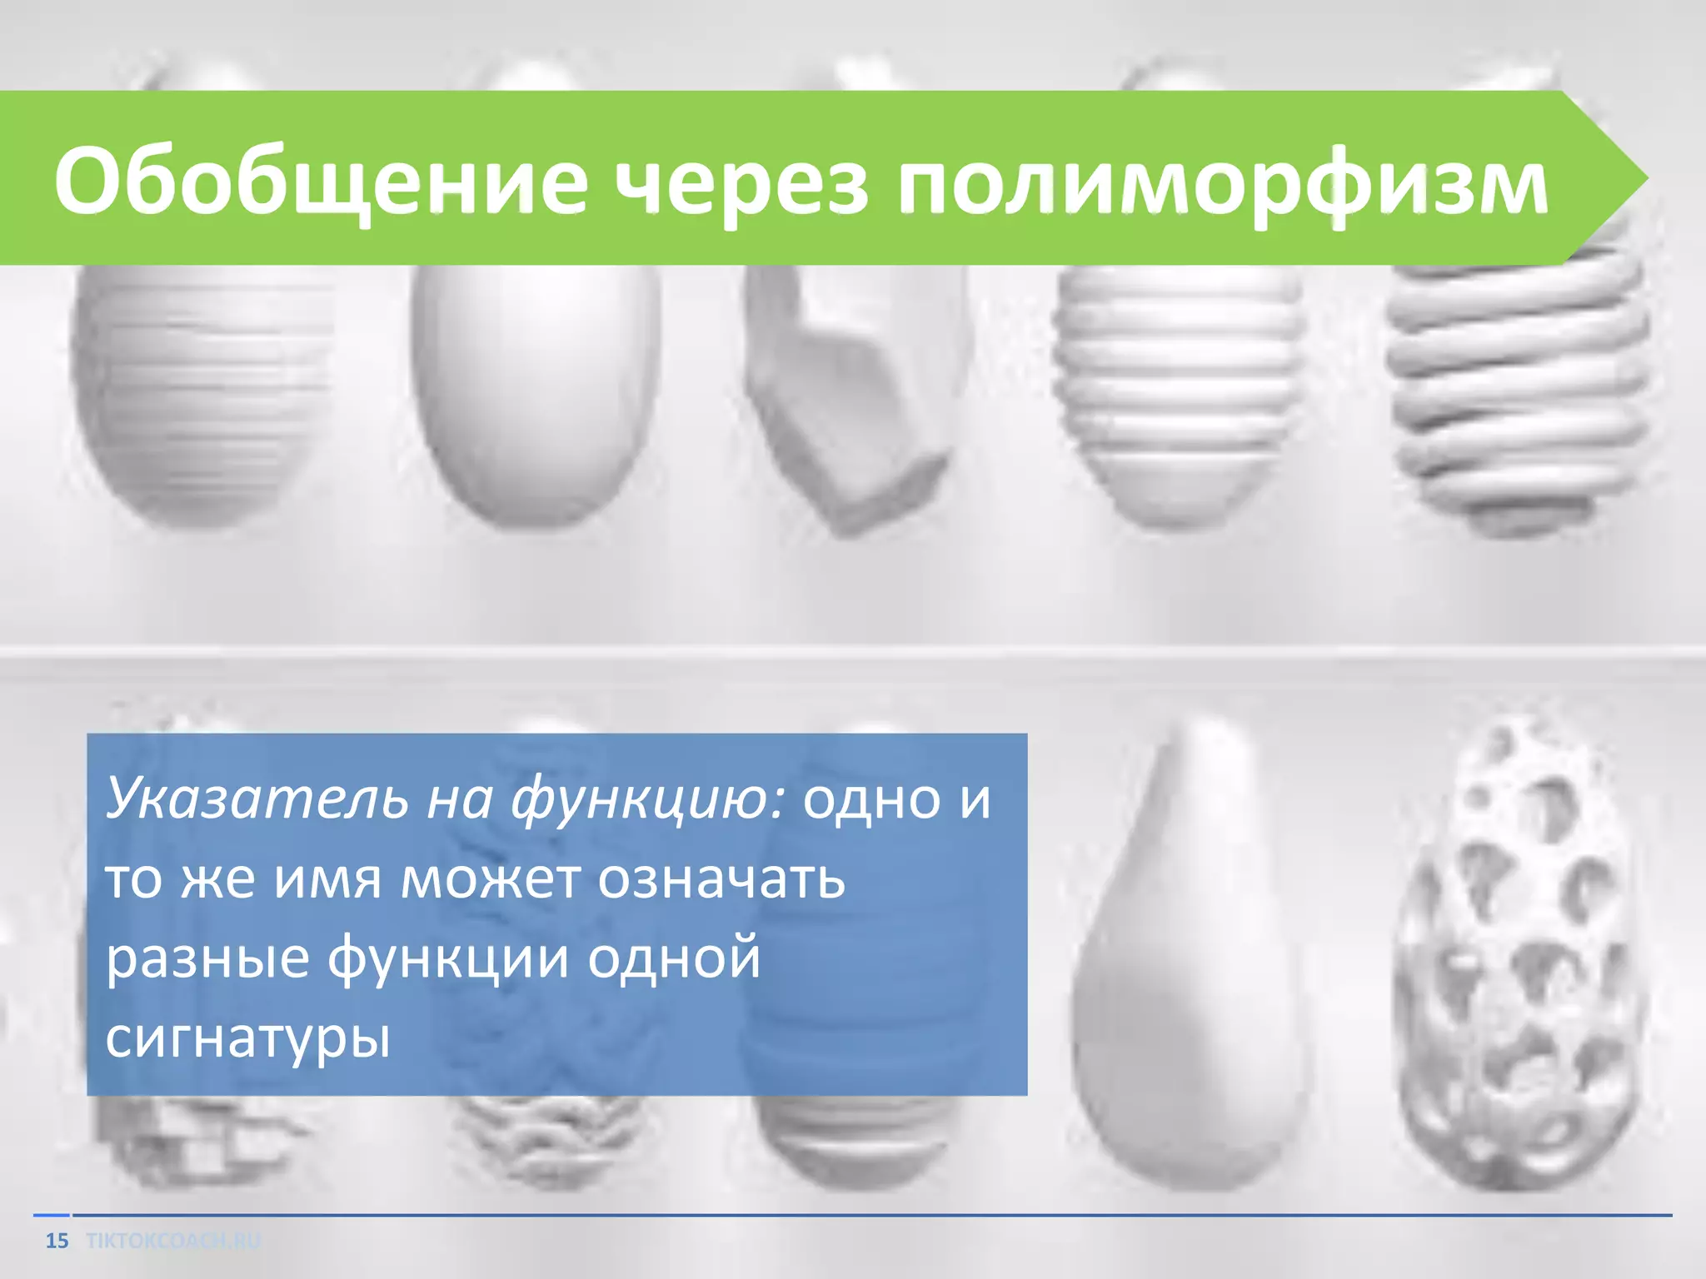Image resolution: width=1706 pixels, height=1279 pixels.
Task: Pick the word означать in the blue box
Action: point(721,879)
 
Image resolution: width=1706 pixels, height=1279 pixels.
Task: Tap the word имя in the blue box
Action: point(328,879)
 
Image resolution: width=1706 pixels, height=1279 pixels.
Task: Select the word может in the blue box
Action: point(490,879)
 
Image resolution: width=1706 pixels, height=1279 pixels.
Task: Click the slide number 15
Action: point(57,1242)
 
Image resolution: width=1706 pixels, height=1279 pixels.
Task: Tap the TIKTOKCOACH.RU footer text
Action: point(173,1242)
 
